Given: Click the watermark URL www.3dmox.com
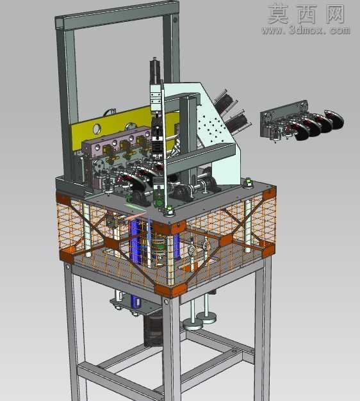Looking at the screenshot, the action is click(x=306, y=30).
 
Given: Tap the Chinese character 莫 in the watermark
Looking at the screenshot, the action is click(x=279, y=14).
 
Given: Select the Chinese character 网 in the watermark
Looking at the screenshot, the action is click(x=335, y=14).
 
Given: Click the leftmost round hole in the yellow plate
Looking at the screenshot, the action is click(x=97, y=129).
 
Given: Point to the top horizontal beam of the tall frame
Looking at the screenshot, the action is click(x=117, y=15).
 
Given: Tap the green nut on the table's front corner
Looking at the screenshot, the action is click(x=168, y=211).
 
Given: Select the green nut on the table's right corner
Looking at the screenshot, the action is click(x=247, y=183).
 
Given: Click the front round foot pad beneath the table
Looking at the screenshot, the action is click(x=193, y=325).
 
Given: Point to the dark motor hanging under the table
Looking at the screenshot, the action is click(x=153, y=330).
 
